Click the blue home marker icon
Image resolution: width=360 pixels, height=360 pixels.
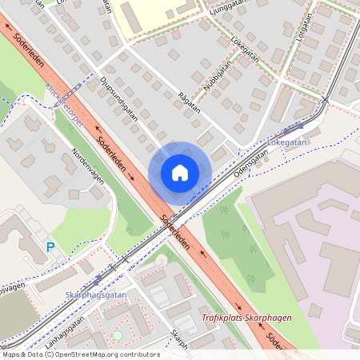coord(180,172)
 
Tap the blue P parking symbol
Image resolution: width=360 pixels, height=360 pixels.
coord(50,248)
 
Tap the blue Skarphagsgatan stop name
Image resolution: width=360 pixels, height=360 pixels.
coord(96,294)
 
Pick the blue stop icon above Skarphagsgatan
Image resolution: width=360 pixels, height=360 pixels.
coord(98,281)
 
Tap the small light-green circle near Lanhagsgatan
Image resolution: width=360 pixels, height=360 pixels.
coord(118,335)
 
